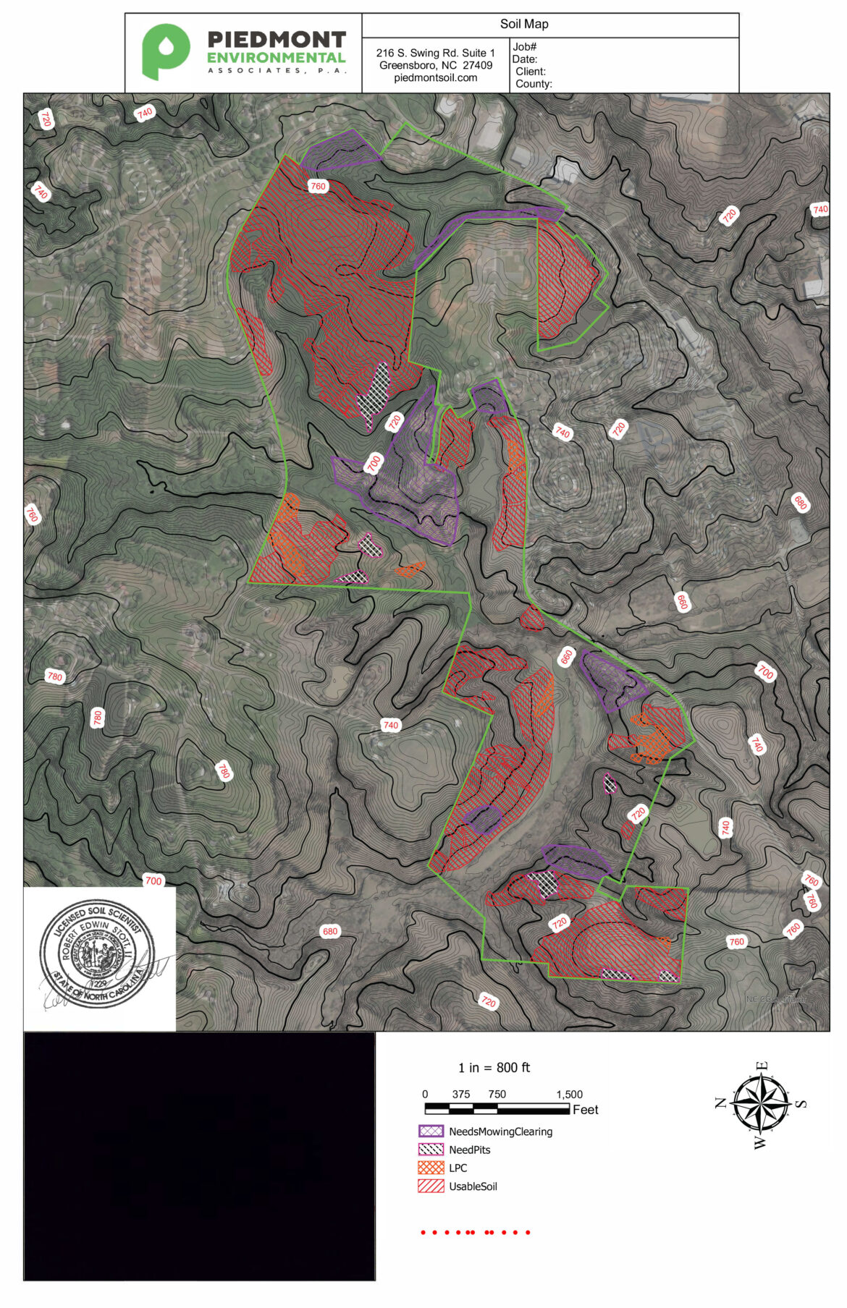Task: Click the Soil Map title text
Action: pyautogui.click(x=524, y=24)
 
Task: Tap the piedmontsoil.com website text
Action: pyautogui.click(x=435, y=77)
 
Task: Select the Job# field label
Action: pyautogui.click(x=525, y=47)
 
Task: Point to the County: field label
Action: pyautogui.click(x=534, y=84)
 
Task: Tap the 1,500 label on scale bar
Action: pyautogui.click(x=569, y=1094)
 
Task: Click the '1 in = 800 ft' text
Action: pyautogui.click(x=494, y=1067)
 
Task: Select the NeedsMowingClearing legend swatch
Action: pyautogui.click(x=431, y=1131)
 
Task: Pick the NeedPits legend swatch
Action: pyautogui.click(x=431, y=1149)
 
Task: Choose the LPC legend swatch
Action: pyautogui.click(x=431, y=1168)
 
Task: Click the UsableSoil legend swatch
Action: pyautogui.click(x=431, y=1186)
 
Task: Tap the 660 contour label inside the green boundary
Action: pyautogui.click(x=566, y=657)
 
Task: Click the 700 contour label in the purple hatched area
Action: pyautogui.click(x=374, y=463)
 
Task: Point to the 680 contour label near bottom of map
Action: pyautogui.click(x=330, y=931)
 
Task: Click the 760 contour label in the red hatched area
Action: pyautogui.click(x=318, y=186)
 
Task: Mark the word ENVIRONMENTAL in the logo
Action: pyautogui.click(x=276, y=58)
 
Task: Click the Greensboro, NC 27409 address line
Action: pyautogui.click(x=435, y=65)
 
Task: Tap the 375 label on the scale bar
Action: pyautogui.click(x=460, y=1094)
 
